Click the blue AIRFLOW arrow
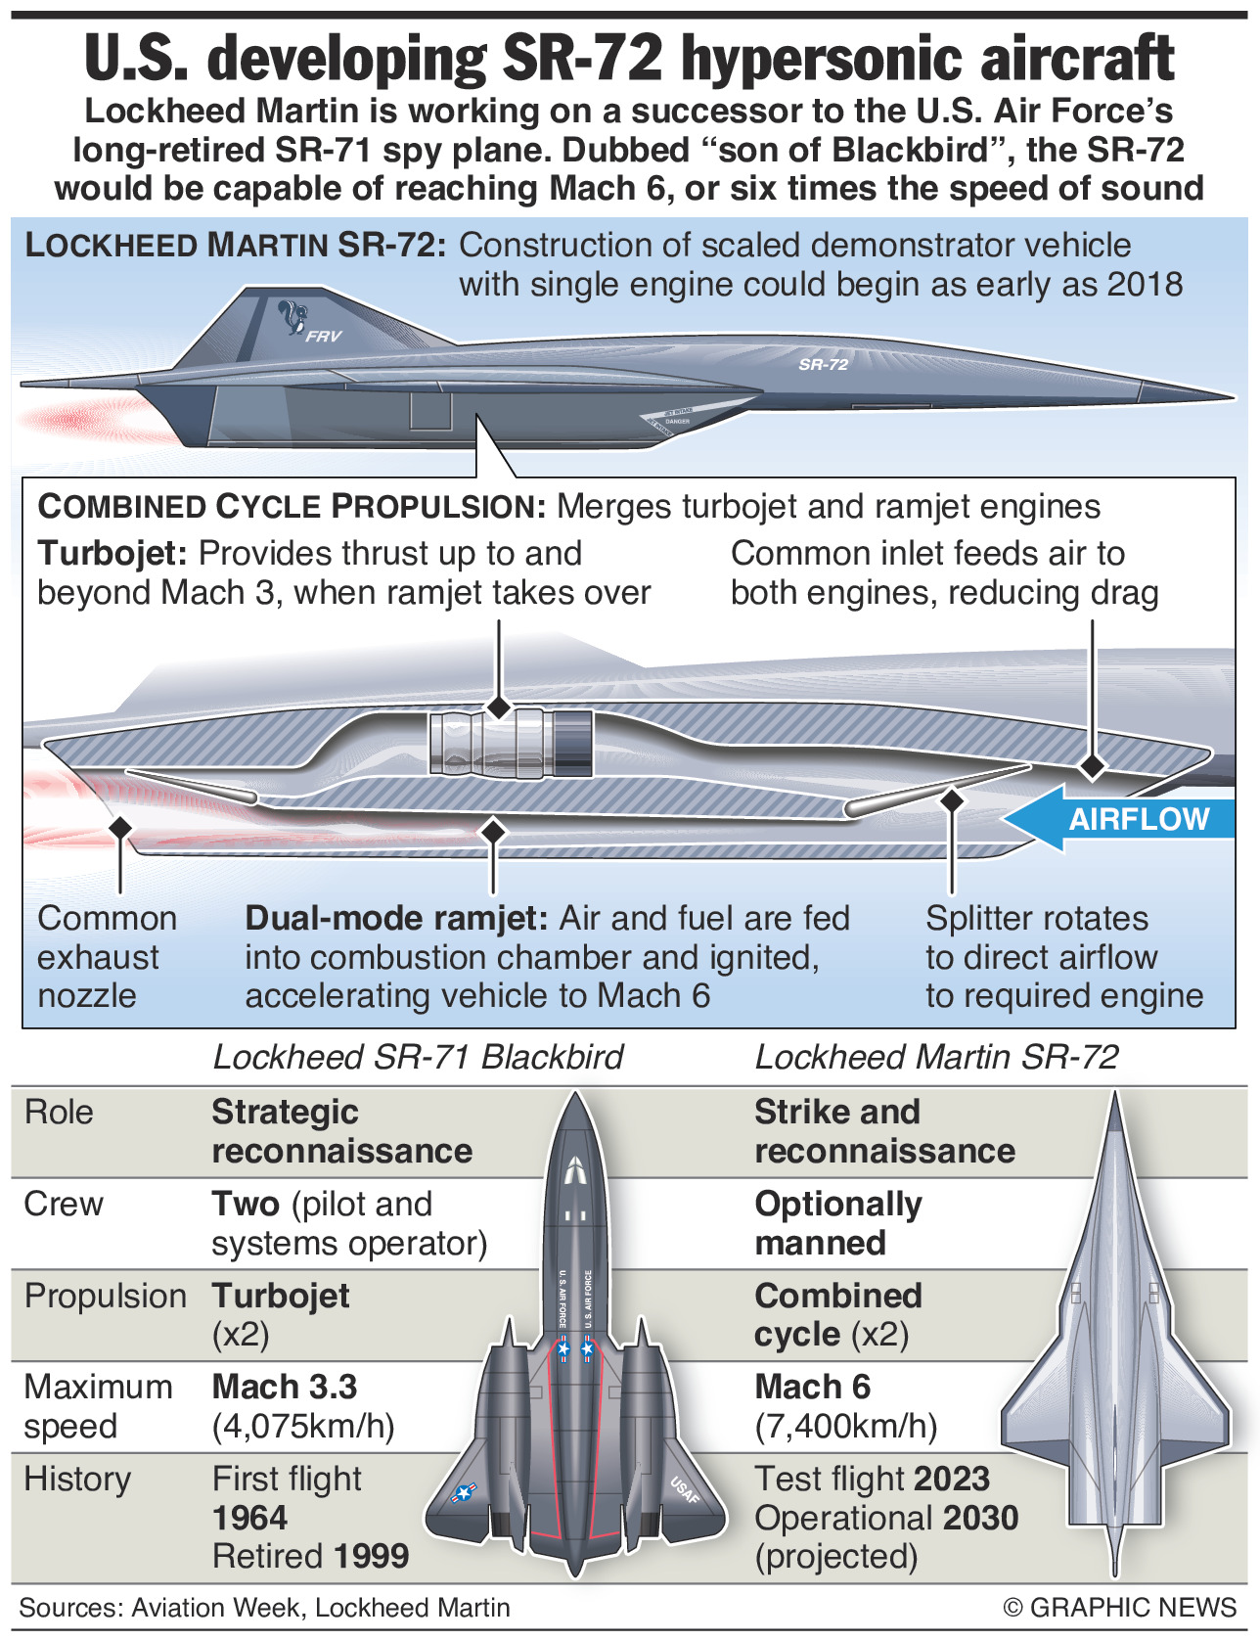tap(1125, 819)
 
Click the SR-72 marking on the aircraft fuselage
tap(823, 364)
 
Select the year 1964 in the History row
tap(250, 1518)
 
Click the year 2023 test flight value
tap(948, 1479)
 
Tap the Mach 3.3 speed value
tap(285, 1387)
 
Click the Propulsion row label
tap(105, 1296)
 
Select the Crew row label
tap(64, 1204)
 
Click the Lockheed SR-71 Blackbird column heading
tap(418, 1057)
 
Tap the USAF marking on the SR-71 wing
tap(685, 1489)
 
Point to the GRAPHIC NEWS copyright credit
tap(1120, 1608)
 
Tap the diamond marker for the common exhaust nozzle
tap(119, 828)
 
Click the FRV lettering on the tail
tap(324, 337)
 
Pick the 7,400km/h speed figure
tap(846, 1427)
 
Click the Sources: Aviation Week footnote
tap(264, 1608)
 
